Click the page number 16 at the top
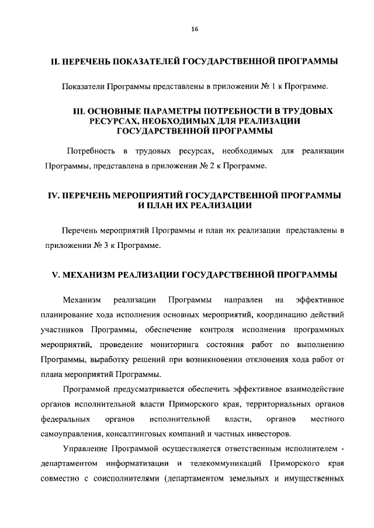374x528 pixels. [195, 31]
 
